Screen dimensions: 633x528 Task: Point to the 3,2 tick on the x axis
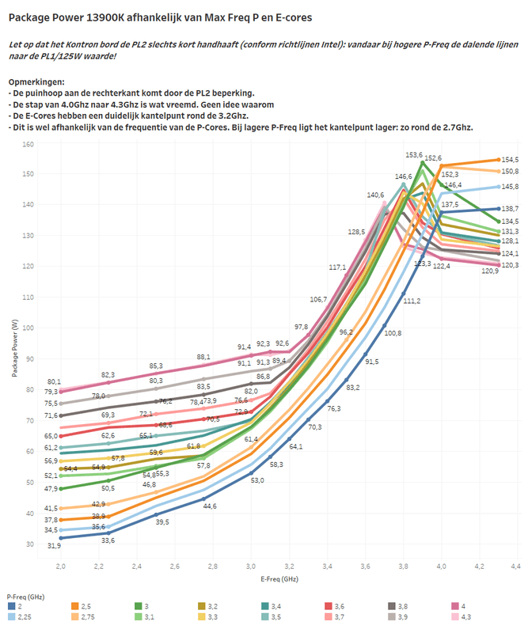[x=289, y=567]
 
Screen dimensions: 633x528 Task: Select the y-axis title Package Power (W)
[x=15, y=346]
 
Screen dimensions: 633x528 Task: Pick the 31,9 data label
[x=55, y=546]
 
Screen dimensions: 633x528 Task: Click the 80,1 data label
[x=55, y=382]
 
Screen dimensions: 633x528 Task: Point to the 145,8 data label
[x=509, y=187]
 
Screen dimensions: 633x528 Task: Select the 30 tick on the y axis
[x=28, y=544]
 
